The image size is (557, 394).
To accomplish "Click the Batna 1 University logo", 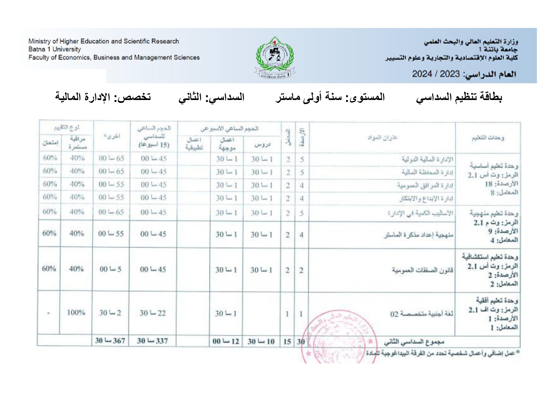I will pos(275,57).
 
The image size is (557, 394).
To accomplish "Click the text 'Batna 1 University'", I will pos(55,49).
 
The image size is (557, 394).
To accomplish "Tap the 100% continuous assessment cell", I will pos(76,313).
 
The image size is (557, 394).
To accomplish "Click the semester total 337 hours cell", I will pos(152,341).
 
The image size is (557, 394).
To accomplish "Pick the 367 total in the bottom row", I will pos(110,341).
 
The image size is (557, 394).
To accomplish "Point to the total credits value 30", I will pos(301,342).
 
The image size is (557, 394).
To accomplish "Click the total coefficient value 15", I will pos(287,342).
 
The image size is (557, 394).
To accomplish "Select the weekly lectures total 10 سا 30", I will pos(261,342).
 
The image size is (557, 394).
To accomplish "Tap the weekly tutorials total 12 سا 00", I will pos(225,342).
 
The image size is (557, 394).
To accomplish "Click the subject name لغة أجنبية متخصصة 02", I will pos(421,314).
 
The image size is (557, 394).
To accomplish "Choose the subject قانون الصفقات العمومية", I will pos(422,270).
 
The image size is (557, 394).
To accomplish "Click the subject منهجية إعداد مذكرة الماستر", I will pos(418,235).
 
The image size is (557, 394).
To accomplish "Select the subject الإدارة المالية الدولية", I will pos(427,159).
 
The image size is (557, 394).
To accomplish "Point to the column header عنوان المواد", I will pos(382,137).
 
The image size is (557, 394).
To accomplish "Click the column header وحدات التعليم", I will pos(487,138).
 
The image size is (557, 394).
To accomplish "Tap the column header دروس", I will pos(262,145).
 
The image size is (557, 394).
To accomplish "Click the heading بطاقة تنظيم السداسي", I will pos(459,97).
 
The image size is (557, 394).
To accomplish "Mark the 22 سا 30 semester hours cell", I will pos(152,313).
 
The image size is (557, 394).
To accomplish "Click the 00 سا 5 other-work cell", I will pos(110,269).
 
